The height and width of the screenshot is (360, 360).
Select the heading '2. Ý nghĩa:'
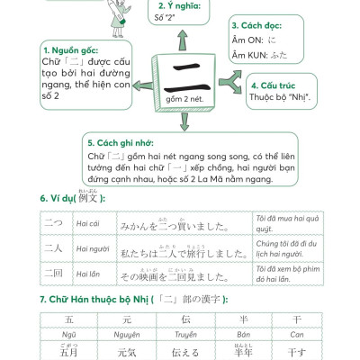174,5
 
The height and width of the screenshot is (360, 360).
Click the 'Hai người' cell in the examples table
93,248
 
